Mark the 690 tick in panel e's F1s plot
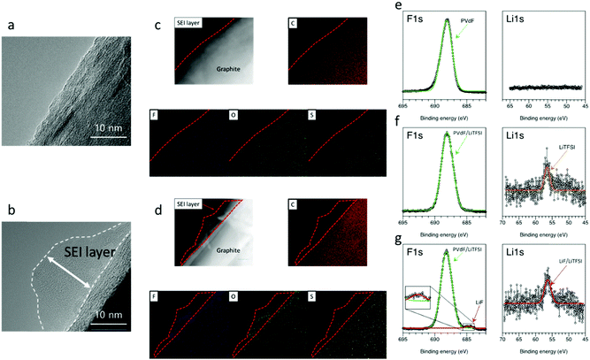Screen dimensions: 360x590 [x=433, y=99]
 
